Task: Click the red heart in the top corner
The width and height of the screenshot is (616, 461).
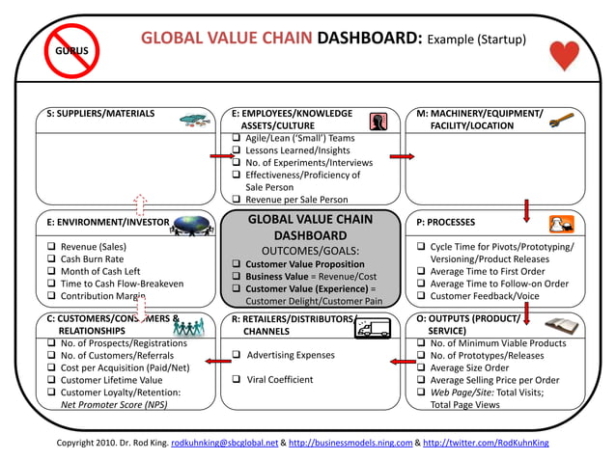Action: (564, 56)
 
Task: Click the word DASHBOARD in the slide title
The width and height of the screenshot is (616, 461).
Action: (370, 40)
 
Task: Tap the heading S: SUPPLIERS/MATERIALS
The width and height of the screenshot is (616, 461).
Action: (100, 114)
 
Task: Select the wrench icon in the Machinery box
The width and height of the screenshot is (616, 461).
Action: (562, 120)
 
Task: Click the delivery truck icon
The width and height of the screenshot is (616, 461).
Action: (372, 329)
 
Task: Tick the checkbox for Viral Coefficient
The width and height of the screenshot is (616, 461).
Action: (237, 379)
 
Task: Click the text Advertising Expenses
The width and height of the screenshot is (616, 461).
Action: (291, 355)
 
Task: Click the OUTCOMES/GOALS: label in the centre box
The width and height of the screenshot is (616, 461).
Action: (310, 251)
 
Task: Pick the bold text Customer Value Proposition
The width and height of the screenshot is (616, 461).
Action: (305, 264)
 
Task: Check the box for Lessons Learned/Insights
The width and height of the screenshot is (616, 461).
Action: (237, 150)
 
